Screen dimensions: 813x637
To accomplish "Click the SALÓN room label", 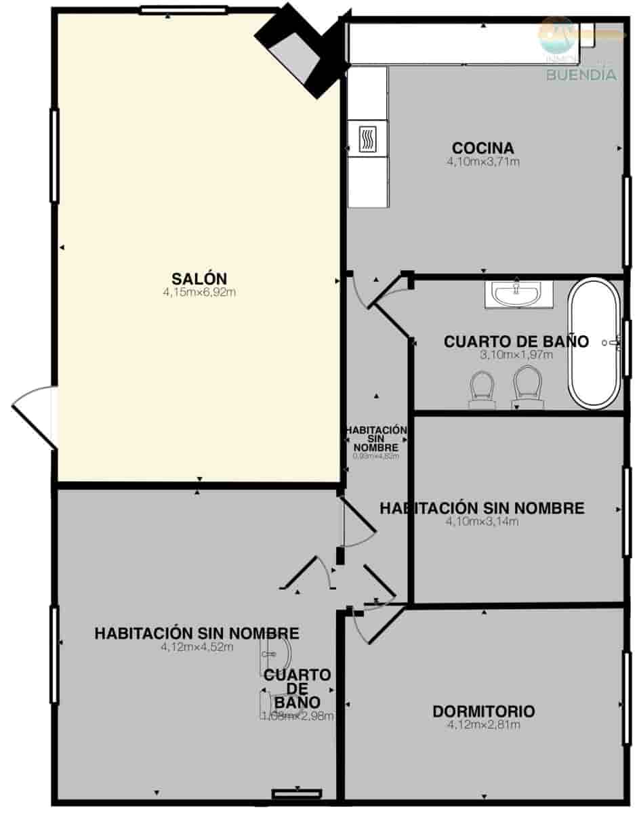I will tap(199, 278).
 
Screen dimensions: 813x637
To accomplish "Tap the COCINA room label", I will tap(482, 148).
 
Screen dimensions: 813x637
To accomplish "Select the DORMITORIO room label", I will tap(483, 711).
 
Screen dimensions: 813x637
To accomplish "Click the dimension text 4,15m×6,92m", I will tap(199, 292).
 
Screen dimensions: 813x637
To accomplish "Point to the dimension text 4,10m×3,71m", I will tap(482, 162).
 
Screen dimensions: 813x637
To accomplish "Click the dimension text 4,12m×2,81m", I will tap(483, 725).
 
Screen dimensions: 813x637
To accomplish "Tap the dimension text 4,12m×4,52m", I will tap(197, 646).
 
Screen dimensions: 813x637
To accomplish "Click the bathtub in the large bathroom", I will tap(594, 343).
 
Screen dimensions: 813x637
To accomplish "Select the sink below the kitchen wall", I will tap(517, 294).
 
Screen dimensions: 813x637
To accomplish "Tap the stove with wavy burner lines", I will tap(367, 139).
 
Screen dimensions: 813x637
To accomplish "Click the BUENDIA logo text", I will tap(581, 75).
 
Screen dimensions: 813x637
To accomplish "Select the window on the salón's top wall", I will tap(183, 9).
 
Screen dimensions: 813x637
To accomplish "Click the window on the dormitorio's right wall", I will tap(627, 689).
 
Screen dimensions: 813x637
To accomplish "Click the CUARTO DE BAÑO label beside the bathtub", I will tap(516, 341).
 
